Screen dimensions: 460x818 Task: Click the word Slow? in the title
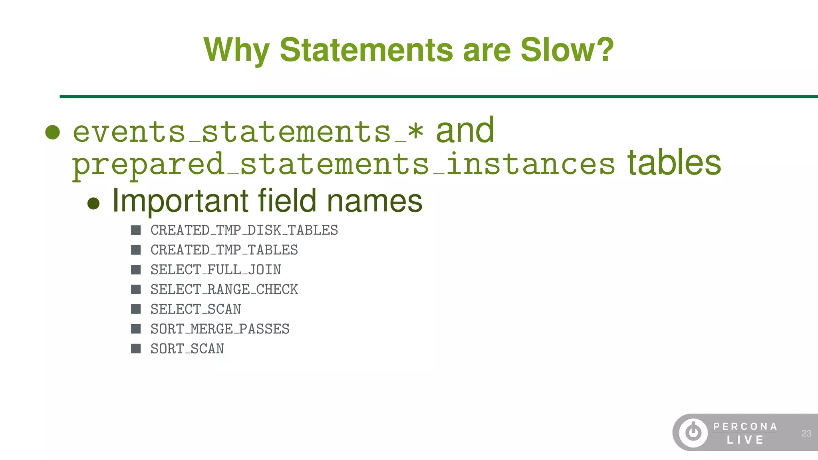point(567,50)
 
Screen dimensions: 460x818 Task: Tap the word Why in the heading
point(236,50)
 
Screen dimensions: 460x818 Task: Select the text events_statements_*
point(248,132)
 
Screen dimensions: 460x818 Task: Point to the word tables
point(674,163)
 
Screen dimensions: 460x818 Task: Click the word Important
point(180,200)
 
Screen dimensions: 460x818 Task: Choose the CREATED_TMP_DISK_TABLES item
point(244,230)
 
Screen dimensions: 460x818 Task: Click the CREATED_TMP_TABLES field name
point(224,250)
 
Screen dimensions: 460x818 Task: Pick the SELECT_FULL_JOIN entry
point(216,270)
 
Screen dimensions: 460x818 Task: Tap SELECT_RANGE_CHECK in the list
point(224,289)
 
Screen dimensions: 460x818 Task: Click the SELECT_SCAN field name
point(196,309)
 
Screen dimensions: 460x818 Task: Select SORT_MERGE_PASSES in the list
point(220,329)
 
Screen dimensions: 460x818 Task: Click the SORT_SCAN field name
point(187,349)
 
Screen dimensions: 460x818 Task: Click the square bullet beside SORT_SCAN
point(136,349)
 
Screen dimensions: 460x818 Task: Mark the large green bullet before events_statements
point(53,132)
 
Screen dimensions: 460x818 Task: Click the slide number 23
point(806,433)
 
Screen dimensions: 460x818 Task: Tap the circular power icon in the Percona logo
point(693,432)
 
